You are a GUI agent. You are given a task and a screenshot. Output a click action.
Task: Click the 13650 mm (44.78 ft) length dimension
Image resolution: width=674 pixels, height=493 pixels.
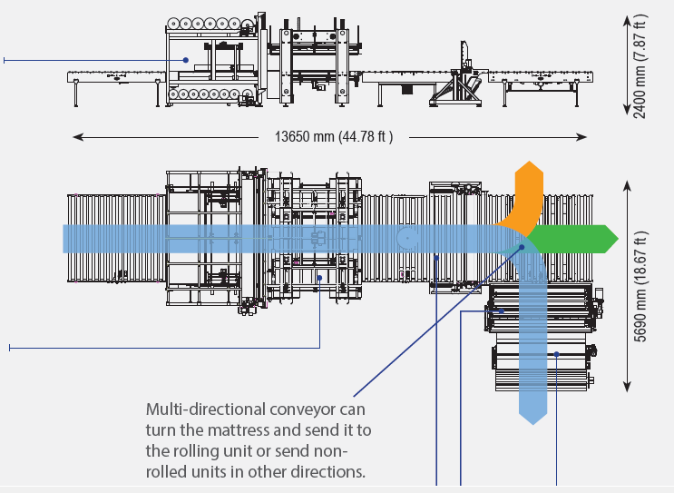[334, 137]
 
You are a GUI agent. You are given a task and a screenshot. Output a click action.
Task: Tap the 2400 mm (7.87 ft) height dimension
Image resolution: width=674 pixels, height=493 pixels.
[640, 65]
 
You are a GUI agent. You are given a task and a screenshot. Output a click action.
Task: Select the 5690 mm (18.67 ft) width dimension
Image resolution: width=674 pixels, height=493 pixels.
[640, 287]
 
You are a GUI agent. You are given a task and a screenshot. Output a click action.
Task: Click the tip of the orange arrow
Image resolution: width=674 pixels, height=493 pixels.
[529, 163]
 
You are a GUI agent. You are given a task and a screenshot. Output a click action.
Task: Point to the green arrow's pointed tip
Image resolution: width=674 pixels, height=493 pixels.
[617, 239]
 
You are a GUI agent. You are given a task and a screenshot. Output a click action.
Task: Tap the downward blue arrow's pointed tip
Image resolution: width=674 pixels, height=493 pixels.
[533, 424]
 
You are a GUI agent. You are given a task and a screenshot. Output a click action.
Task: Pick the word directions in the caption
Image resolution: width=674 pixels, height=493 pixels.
[326, 472]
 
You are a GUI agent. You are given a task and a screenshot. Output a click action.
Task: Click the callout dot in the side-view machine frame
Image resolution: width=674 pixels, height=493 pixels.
[186, 60]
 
